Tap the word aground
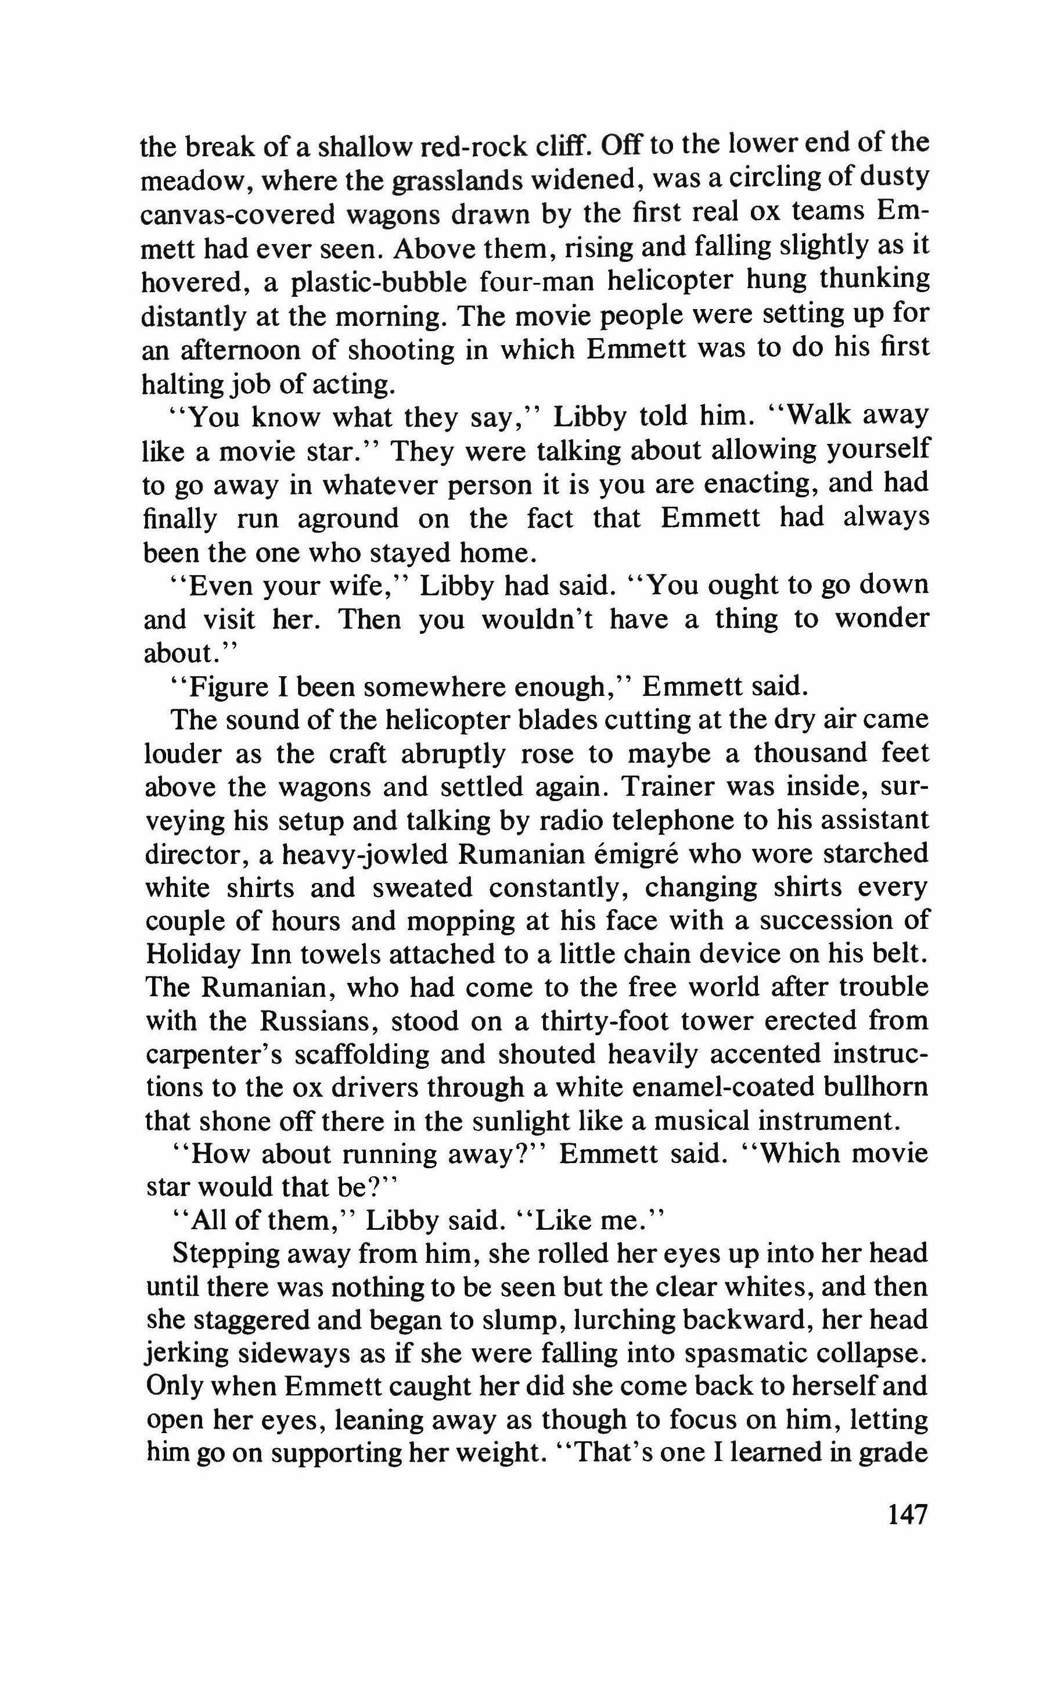click(x=347, y=519)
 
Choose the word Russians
click(x=316, y=1021)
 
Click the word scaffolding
click(x=372, y=1055)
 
